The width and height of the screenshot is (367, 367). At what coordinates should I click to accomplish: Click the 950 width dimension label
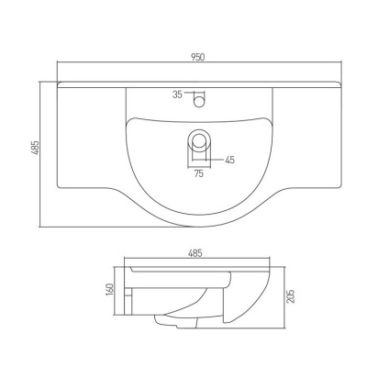(198, 57)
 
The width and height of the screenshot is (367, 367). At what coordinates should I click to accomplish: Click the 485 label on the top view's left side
(36, 148)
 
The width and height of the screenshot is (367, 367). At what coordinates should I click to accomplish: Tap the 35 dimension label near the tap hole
(177, 95)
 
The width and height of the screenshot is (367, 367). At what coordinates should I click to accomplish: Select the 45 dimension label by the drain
(229, 160)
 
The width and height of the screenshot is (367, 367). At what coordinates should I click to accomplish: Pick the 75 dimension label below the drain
(198, 173)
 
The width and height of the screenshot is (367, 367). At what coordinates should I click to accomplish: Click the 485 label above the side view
(195, 253)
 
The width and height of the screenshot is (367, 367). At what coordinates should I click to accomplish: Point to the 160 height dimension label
(109, 290)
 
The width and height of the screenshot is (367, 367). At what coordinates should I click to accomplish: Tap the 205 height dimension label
(292, 296)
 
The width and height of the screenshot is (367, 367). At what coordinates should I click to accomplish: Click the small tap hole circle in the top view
(199, 101)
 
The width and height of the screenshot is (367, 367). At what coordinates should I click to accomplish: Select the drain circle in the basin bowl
(199, 139)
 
